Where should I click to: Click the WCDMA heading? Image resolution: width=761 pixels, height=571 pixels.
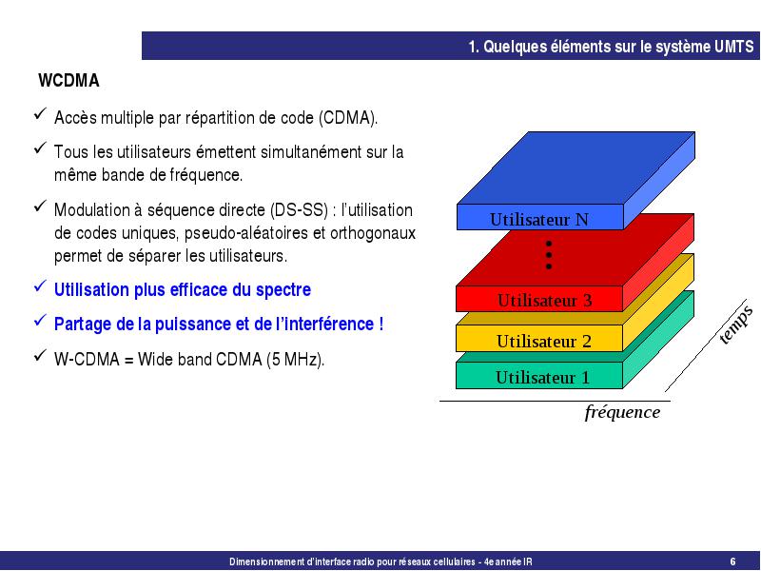point(68,81)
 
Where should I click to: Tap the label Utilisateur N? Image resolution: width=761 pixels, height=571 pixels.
point(538,220)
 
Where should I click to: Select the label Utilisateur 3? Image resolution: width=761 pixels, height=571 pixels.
point(544,301)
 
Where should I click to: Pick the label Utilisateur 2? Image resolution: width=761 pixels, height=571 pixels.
point(544,342)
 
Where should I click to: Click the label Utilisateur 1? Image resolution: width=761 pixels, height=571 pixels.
point(542,377)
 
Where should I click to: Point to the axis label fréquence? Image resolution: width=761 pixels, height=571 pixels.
point(622,412)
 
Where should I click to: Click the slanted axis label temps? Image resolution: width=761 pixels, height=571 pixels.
point(735,325)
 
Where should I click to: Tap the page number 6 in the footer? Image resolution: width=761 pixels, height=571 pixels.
point(732,561)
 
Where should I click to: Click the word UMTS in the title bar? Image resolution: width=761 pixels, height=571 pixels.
point(733,47)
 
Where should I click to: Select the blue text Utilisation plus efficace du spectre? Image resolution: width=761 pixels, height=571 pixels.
point(183,290)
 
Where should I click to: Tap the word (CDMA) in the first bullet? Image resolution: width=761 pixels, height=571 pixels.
point(348,118)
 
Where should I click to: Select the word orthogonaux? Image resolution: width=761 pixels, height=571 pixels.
point(373,233)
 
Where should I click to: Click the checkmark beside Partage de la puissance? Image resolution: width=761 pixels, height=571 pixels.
point(40,321)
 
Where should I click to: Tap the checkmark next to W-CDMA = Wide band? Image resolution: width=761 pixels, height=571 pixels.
point(40,355)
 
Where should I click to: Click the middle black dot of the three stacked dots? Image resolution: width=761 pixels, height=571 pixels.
point(549,255)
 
